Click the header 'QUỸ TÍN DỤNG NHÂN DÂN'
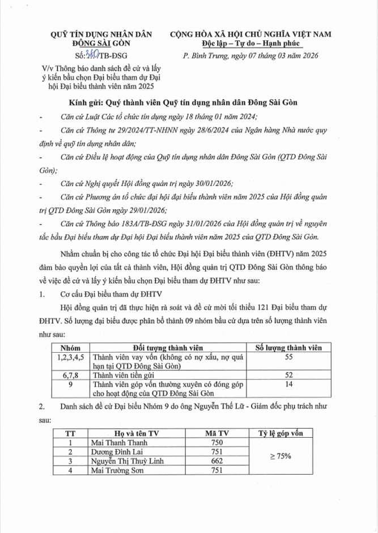click(103, 35)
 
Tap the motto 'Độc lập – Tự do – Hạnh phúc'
click(252, 44)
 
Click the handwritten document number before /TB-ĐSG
click(91, 54)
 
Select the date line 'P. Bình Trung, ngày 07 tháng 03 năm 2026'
click(251, 56)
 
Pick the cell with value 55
click(288, 357)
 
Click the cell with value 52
click(288, 375)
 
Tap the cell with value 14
click(288, 384)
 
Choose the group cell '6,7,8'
click(71, 375)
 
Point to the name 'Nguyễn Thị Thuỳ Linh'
click(128, 461)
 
